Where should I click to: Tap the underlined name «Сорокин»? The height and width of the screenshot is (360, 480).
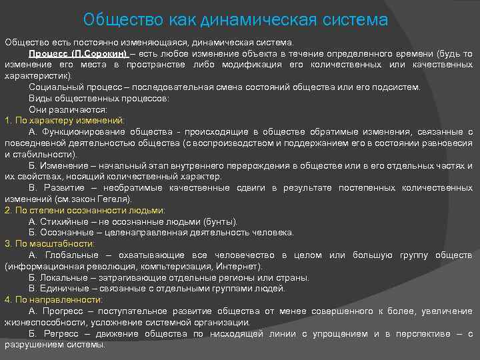click(103, 53)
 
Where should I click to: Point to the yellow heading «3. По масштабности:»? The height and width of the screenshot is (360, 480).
click(50, 243)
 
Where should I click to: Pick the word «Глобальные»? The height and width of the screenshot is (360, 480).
click(72, 255)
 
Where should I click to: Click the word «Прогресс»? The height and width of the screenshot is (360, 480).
click(65, 311)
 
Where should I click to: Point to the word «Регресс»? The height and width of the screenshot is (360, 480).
click(63, 333)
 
